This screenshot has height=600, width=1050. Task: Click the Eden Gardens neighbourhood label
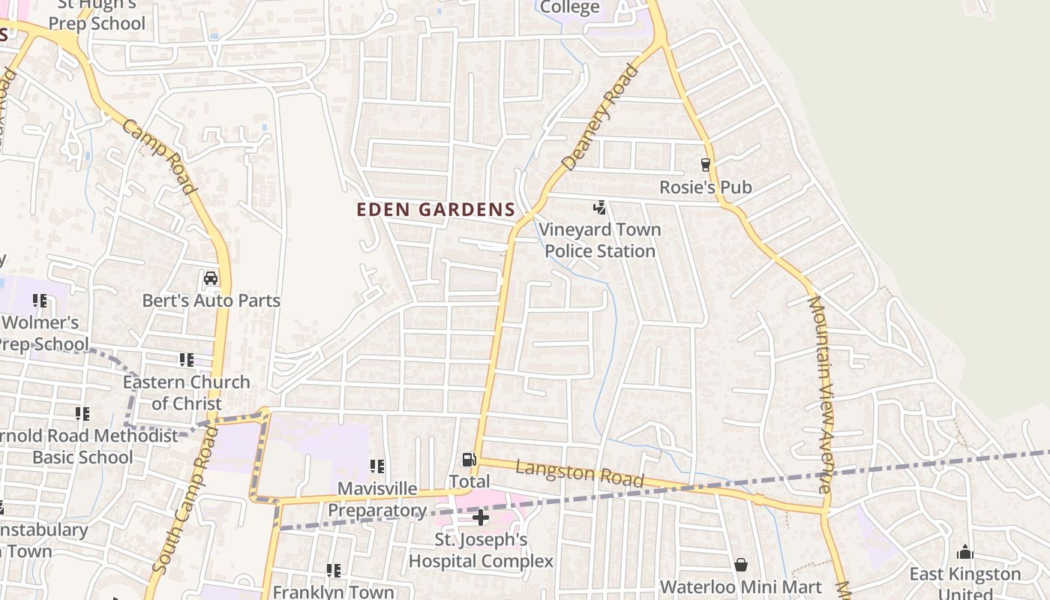coord(436,210)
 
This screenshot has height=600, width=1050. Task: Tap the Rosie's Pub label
coord(705,187)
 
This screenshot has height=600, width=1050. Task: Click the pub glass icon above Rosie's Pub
coord(705,164)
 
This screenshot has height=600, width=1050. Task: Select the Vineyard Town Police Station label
coord(600,240)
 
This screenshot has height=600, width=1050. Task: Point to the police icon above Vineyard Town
coord(599,207)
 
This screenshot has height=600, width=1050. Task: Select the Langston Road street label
coord(580,473)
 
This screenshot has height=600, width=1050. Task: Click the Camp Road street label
coord(159,157)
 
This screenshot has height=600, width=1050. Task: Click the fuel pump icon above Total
coord(469,459)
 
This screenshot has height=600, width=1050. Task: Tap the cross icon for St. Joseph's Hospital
coord(481,517)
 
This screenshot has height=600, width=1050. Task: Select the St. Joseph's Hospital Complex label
coord(481,550)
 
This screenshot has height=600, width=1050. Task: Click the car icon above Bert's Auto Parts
coord(211,279)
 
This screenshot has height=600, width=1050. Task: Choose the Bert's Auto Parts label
coord(211,301)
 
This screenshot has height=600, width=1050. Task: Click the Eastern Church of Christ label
coord(187,392)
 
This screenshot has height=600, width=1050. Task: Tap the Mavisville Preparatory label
coord(377,499)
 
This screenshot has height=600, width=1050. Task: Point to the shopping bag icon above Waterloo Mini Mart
coord(741,564)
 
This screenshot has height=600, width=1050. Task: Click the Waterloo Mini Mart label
coord(741,586)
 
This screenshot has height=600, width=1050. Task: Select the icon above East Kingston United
coord(964,553)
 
